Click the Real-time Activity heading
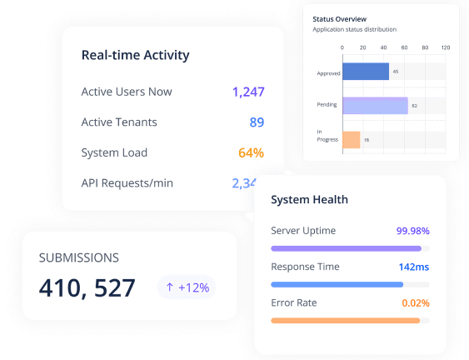click(x=135, y=56)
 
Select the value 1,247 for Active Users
click(x=248, y=92)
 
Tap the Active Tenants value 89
click(x=257, y=122)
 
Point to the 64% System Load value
click(x=251, y=152)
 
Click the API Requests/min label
click(x=127, y=182)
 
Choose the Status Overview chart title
click(x=339, y=18)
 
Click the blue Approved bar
click(x=366, y=72)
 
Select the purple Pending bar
click(x=375, y=105)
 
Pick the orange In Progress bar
click(x=352, y=139)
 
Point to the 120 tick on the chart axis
click(x=445, y=47)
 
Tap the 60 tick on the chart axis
click(x=404, y=47)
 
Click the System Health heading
click(x=310, y=200)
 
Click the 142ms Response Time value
click(x=414, y=267)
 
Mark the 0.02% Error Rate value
click(x=416, y=302)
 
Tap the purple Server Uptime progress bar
click(x=347, y=248)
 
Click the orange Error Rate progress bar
click(x=346, y=320)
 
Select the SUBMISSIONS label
click(x=79, y=258)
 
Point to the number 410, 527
click(x=87, y=288)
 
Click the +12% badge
click(x=187, y=287)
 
